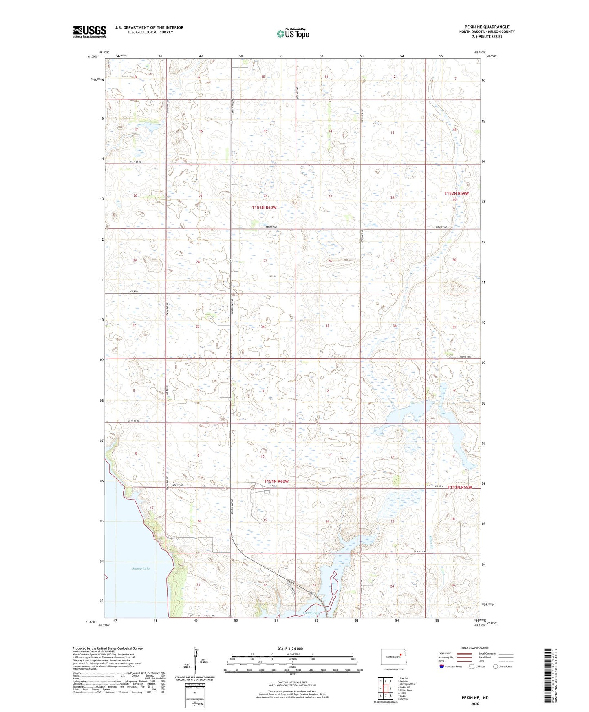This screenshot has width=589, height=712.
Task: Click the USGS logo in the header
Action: click(89, 31)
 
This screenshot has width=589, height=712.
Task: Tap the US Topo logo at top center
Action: click(293, 33)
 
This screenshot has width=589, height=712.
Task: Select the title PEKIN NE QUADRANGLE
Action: click(484, 27)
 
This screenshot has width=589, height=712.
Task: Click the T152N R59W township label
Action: click(456, 194)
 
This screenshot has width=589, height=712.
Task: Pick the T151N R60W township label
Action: click(276, 481)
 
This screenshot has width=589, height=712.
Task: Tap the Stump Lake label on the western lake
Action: click(141, 568)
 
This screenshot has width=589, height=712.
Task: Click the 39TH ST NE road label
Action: click(136, 162)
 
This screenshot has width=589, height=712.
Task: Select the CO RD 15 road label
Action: click(135, 291)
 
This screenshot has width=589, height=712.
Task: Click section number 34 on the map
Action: click(263, 327)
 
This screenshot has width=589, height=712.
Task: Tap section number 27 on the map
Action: click(265, 261)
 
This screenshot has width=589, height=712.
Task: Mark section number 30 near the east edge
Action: click(454, 260)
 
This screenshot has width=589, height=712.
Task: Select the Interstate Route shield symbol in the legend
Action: click(442, 666)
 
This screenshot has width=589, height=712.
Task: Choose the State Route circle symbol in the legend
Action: click(496, 666)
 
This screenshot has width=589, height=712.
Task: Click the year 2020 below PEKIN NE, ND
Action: click(474, 703)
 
